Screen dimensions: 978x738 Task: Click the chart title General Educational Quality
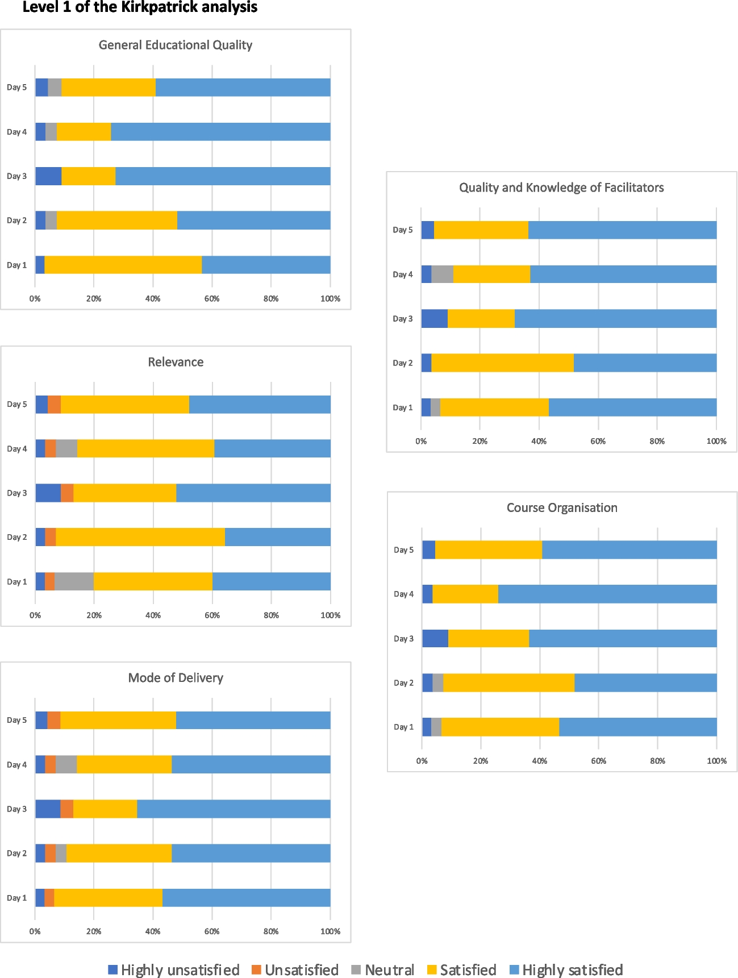coord(175,45)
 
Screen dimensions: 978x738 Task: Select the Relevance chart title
coord(176,362)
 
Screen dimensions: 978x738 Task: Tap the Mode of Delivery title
coord(176,678)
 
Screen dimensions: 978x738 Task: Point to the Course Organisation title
coord(562,508)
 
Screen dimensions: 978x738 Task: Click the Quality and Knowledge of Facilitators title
coord(561,188)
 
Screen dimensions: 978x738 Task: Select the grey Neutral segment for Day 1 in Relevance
coord(74,581)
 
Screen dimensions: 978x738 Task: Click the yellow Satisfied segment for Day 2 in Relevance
coord(140,537)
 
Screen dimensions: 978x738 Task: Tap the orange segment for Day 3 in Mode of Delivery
coord(66,809)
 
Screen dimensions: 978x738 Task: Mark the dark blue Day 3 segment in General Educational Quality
coord(48,176)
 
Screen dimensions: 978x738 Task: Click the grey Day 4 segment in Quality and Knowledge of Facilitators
coord(442,274)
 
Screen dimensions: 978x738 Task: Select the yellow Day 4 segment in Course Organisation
coord(465,594)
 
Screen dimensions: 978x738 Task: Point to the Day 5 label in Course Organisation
coord(403,550)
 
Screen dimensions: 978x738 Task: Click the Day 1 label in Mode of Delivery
coord(16,898)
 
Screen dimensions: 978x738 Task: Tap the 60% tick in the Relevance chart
coord(212,615)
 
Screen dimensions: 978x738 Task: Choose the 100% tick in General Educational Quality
coord(330,299)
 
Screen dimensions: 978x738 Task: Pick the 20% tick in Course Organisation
coord(481,761)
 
